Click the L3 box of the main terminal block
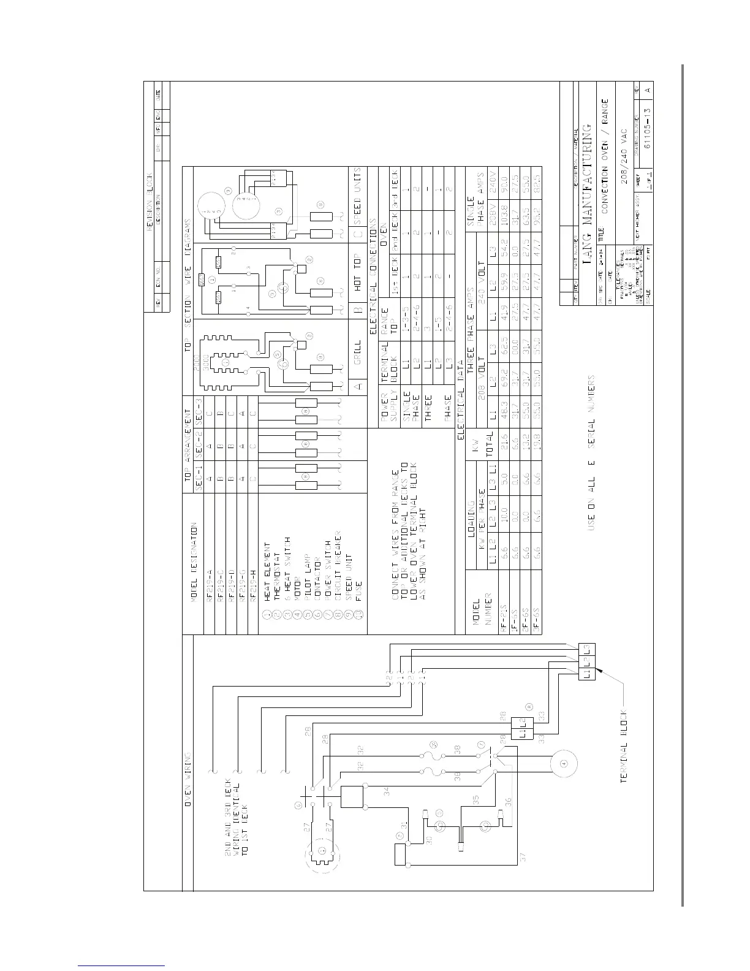[x=586, y=648]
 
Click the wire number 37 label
[x=522, y=858]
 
